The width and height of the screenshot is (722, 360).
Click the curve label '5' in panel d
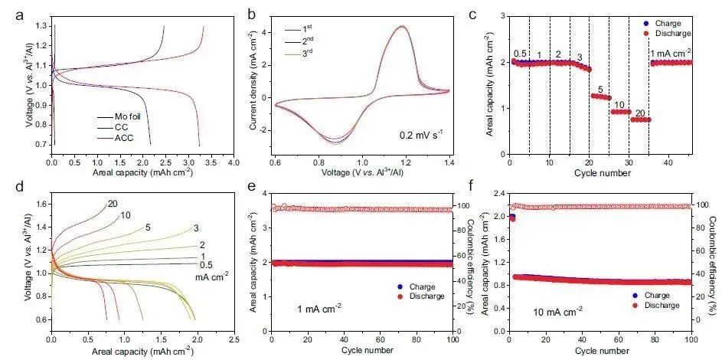pos(148,227)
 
